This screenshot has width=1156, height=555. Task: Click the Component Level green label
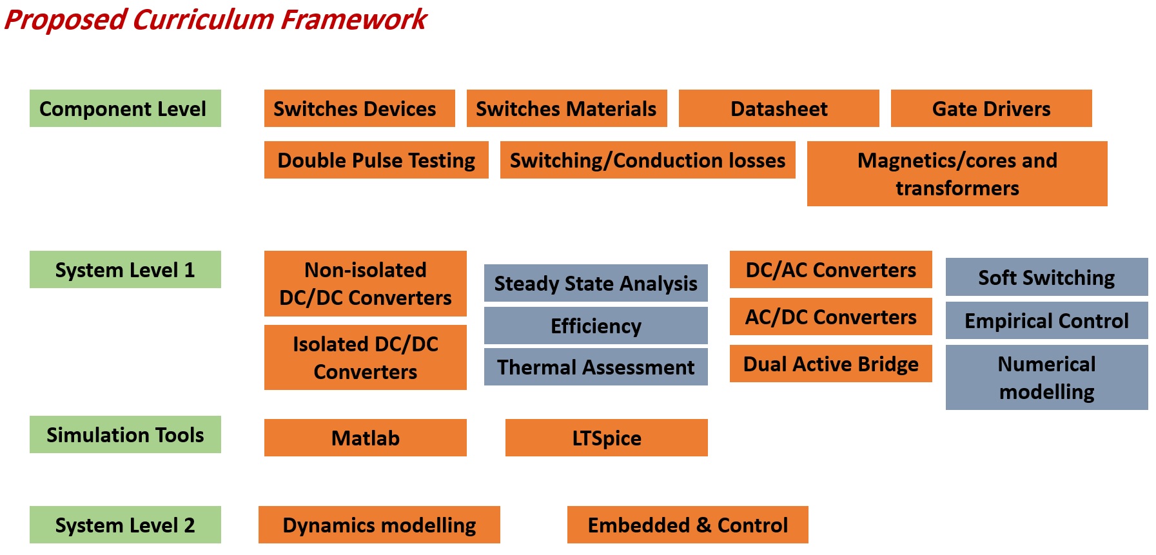[125, 108]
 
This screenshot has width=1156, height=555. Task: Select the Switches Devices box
[359, 108]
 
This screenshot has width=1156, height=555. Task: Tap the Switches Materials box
[566, 108]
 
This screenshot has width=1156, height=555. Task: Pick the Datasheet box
[778, 108]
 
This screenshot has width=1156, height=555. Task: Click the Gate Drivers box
[991, 108]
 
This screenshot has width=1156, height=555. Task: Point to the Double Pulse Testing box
[376, 160]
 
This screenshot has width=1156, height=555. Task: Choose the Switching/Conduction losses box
[647, 160]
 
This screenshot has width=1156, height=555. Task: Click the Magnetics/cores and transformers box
[957, 173]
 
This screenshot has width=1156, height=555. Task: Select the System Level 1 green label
[125, 269]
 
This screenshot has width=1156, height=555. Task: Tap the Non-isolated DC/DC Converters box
[365, 284]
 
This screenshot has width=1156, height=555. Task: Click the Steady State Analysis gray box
[596, 283]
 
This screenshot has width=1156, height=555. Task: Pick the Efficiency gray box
[596, 326]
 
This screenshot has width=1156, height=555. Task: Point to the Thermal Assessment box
[596, 367]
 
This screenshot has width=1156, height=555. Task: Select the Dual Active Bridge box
[830, 364]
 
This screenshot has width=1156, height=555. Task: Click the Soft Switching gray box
[1046, 277]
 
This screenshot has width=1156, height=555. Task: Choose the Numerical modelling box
[1046, 377]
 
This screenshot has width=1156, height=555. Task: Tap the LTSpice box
[606, 438]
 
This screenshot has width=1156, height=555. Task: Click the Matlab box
[365, 438]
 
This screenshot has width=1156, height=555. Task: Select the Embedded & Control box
[687, 525]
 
